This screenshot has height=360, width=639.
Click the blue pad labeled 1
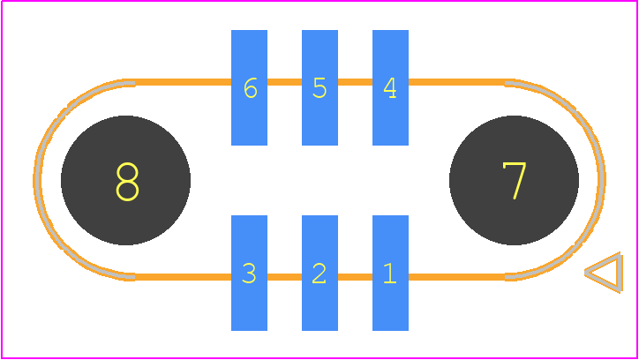tap(390, 273)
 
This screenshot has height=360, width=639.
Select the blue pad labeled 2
tap(319, 273)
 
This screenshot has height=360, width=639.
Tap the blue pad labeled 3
tap(249, 273)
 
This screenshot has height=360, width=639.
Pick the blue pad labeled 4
tap(390, 87)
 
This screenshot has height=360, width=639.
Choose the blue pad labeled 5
tap(319, 87)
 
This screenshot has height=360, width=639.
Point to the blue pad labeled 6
tap(249, 87)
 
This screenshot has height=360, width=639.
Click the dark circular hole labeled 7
tap(514, 180)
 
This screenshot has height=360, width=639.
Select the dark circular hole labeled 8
tap(125, 180)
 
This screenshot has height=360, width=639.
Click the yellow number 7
tap(515, 181)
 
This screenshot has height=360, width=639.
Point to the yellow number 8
tap(127, 182)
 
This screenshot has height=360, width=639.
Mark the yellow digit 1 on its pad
tap(390, 273)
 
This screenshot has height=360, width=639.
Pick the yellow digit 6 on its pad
tap(251, 88)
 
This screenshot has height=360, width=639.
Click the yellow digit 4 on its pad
tap(390, 88)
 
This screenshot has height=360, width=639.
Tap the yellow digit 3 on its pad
tap(249, 274)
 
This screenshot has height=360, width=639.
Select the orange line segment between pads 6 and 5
tap(284, 82)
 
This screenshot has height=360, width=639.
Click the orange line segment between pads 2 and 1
tap(355, 277)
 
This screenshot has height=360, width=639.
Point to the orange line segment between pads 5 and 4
tap(355, 82)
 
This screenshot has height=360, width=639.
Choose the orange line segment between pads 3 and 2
tap(284, 277)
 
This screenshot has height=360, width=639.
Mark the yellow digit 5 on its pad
tap(319, 88)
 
